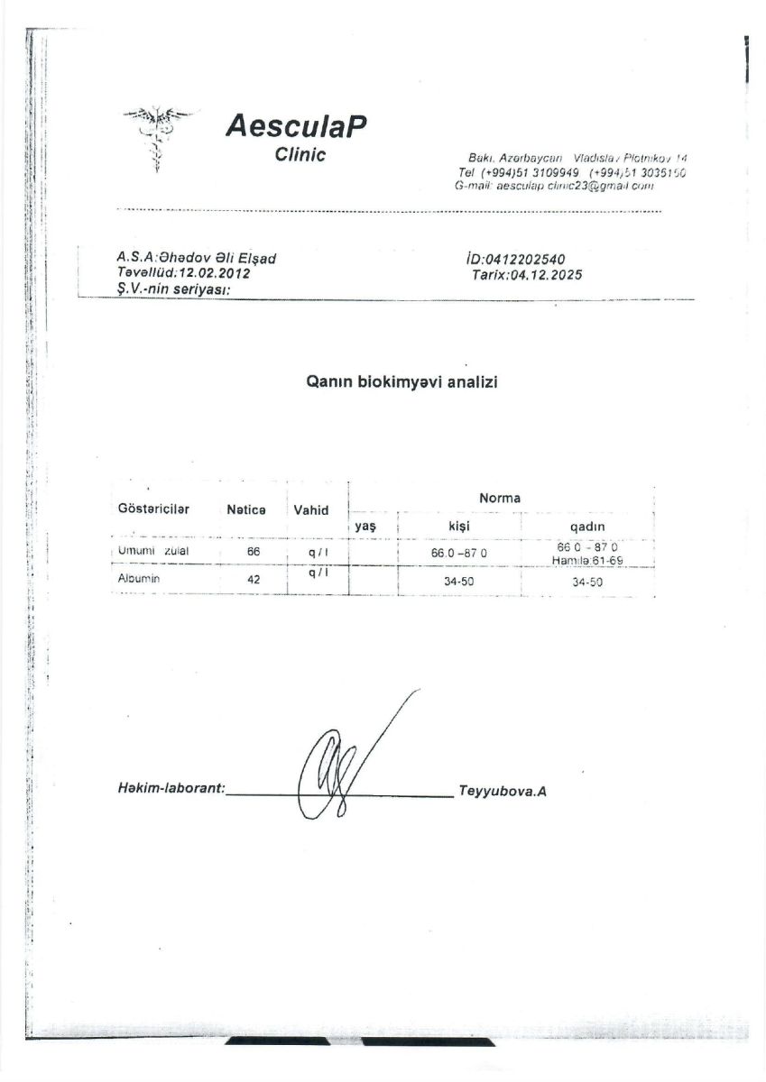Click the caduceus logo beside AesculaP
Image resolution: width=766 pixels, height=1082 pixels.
(157, 137)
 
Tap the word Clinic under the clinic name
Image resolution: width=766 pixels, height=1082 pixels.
(300, 154)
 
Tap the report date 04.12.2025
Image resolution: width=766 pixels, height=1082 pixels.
(546, 275)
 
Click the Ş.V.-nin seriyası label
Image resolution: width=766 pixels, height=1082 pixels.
(169, 289)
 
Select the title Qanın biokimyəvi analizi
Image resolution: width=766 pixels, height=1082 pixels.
(403, 381)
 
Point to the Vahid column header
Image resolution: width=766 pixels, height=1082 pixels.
(311, 509)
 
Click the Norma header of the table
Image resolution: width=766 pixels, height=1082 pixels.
(499, 498)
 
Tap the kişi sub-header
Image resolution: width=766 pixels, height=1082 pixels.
(459, 527)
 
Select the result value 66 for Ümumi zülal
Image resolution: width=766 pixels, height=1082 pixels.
(254, 550)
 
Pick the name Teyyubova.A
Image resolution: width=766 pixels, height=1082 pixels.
(503, 792)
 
